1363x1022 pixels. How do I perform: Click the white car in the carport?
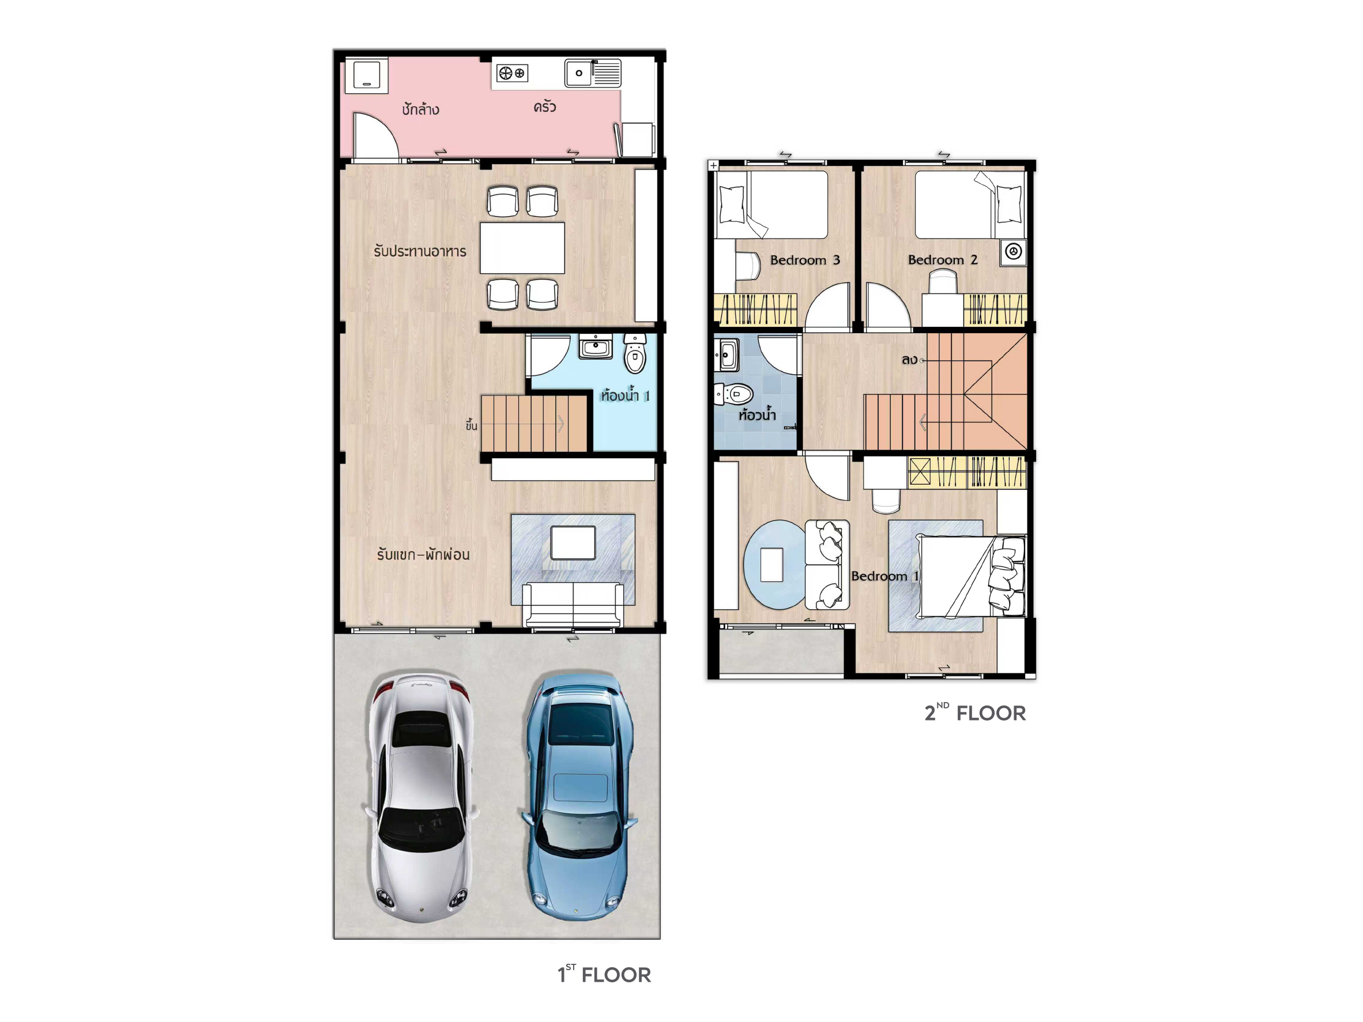tap(422, 797)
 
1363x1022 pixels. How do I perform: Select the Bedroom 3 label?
tap(805, 260)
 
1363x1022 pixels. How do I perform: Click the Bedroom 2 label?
tap(943, 260)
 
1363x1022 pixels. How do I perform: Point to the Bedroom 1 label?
tap(885, 576)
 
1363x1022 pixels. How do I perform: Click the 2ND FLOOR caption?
tap(975, 712)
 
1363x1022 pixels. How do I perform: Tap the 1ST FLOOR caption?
tap(604, 974)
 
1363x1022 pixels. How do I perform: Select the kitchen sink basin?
tap(579, 73)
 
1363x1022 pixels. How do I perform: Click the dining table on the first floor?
tap(522, 248)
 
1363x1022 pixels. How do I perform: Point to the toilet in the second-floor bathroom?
tap(734, 394)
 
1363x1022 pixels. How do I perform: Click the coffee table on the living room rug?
tap(573, 542)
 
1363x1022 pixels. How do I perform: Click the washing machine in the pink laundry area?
tap(366, 76)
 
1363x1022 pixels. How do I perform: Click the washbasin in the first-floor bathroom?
tap(595, 346)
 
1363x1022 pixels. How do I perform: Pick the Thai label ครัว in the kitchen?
tap(545, 107)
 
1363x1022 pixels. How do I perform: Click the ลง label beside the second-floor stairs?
tap(909, 359)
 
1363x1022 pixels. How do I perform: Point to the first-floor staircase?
tap(534, 423)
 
